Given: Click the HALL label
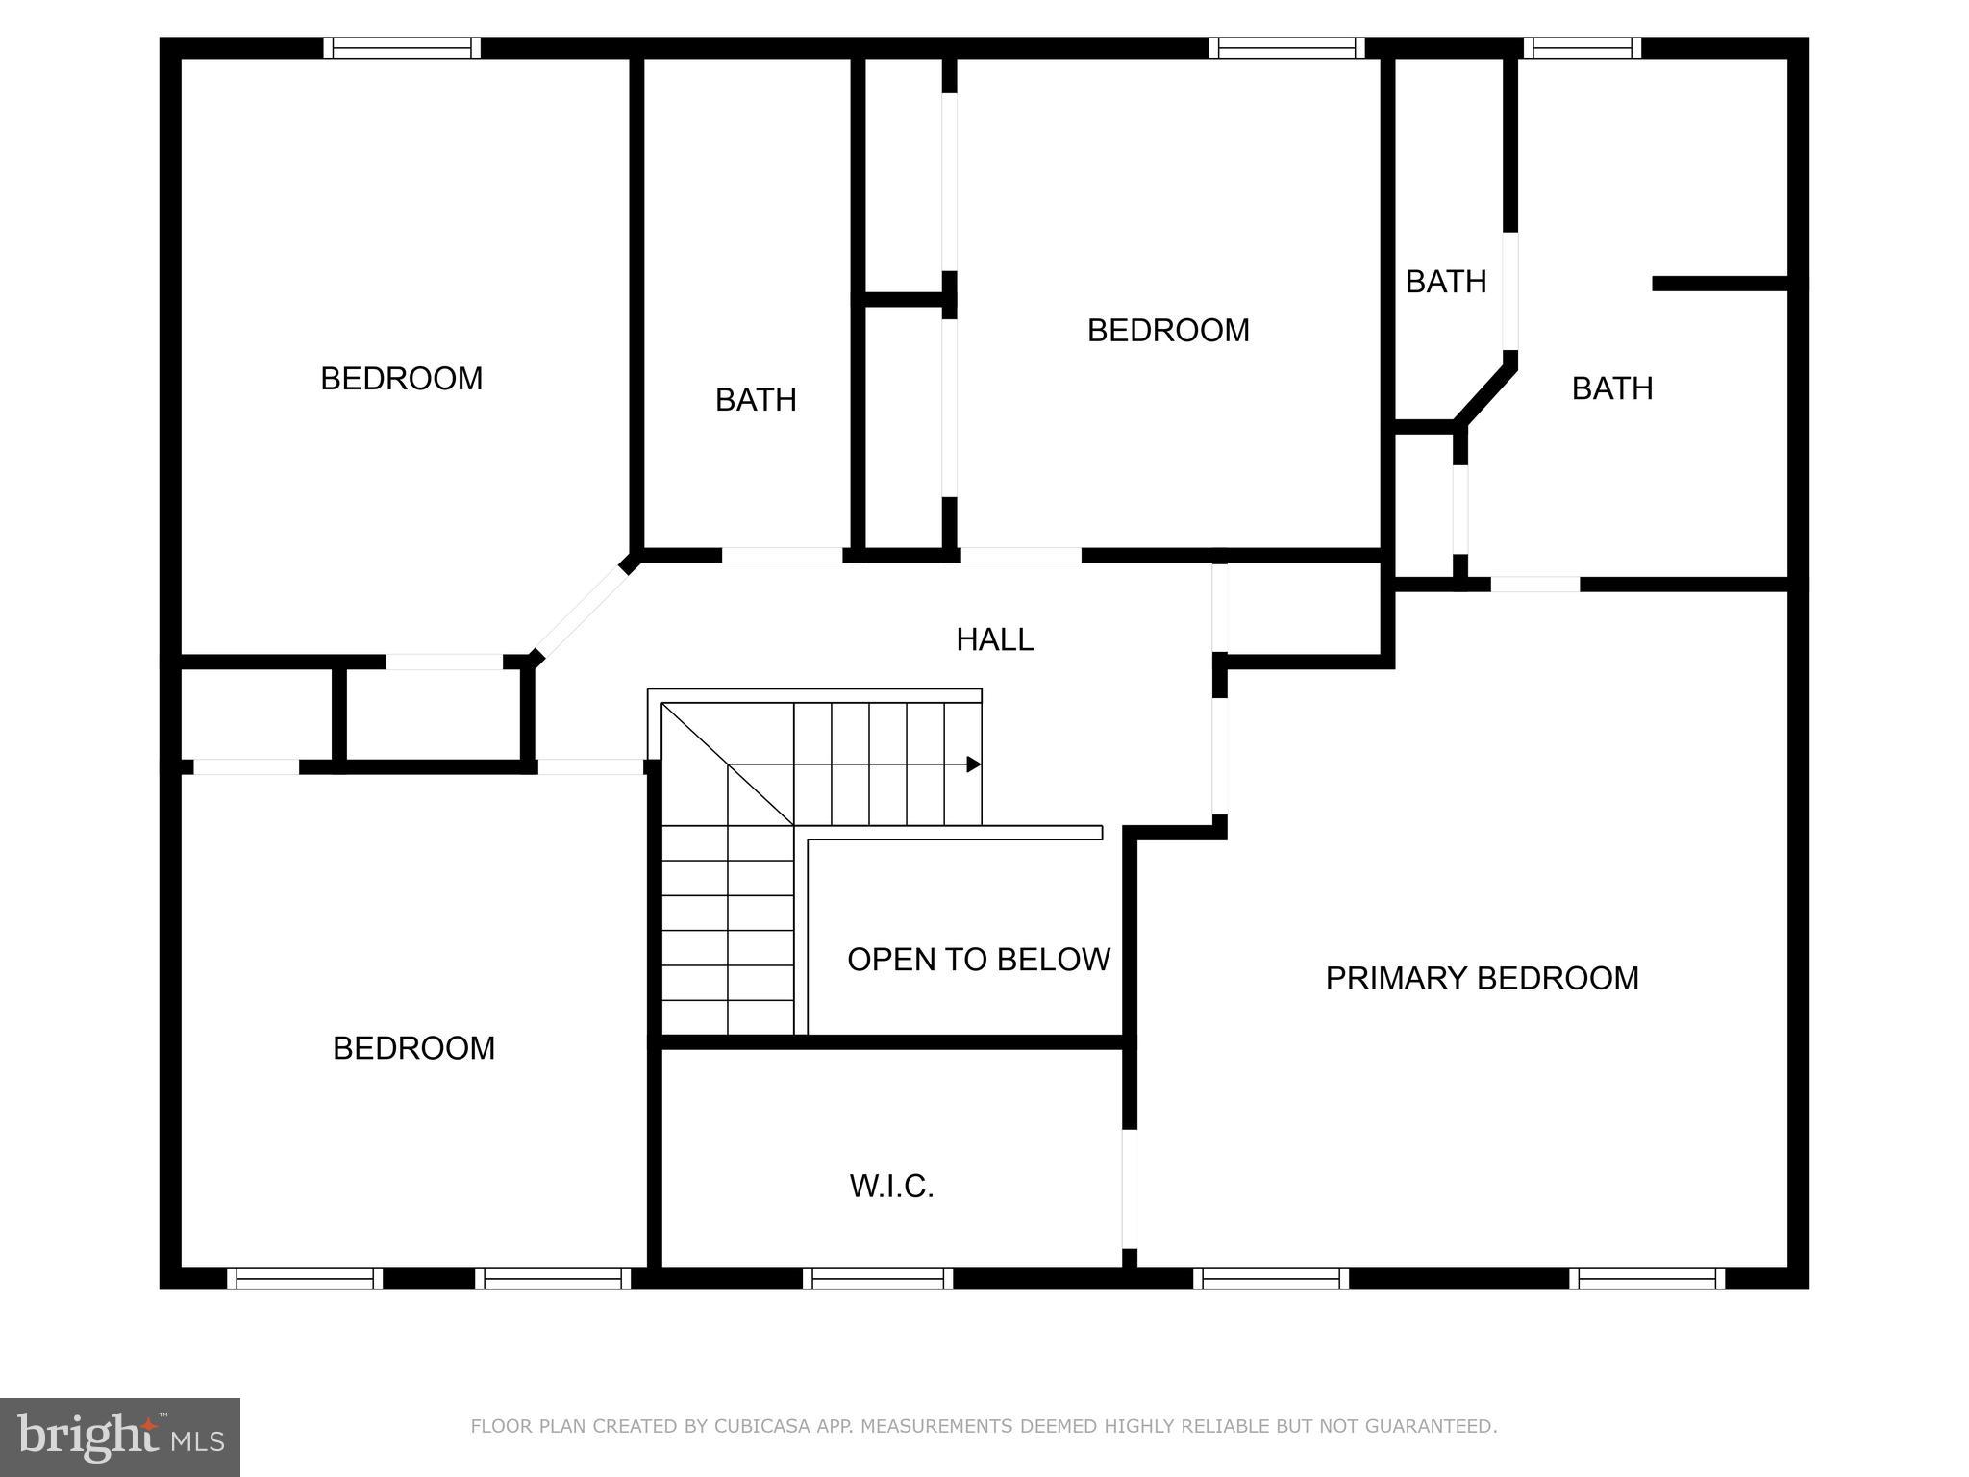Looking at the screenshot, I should (x=994, y=639).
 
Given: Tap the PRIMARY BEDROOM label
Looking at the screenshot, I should (x=1482, y=978).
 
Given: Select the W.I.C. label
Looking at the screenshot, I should (x=891, y=1187).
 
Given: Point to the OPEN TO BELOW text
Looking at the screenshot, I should (x=978, y=959).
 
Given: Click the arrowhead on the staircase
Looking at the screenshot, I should (x=973, y=764).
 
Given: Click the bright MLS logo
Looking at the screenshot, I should (x=119, y=1438).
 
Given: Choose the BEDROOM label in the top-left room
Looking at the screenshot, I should (x=401, y=378).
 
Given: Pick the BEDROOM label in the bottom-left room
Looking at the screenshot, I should (x=413, y=1047).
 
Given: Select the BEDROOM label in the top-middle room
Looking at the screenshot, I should (x=1168, y=330).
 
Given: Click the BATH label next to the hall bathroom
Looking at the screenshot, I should (x=756, y=399).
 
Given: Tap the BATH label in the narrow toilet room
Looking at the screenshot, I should (x=1445, y=282).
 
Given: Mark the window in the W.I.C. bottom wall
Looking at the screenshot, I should (x=878, y=1279).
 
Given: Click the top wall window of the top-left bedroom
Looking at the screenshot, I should (x=401, y=48).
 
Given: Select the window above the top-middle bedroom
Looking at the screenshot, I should (x=1286, y=48).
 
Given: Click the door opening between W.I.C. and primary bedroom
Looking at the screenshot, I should (x=1130, y=1189).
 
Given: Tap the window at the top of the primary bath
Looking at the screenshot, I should (x=1582, y=48).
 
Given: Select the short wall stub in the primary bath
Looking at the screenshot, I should (x=1720, y=283).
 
